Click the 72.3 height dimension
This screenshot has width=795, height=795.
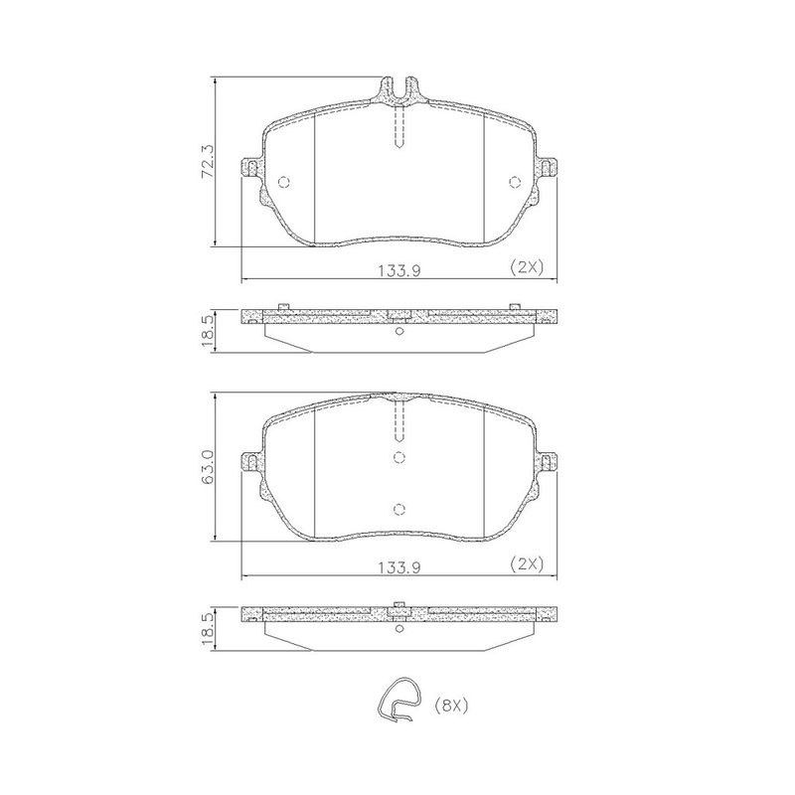click(x=209, y=162)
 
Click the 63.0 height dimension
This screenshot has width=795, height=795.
click(x=209, y=466)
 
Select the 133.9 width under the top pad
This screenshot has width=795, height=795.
click(x=399, y=271)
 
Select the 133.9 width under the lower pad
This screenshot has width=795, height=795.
click(x=399, y=567)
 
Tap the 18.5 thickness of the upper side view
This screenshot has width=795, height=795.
click(x=209, y=330)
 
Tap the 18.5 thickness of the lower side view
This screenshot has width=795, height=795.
click(x=209, y=628)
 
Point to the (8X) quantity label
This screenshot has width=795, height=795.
click(x=451, y=706)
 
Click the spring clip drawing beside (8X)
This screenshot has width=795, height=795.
click(x=399, y=700)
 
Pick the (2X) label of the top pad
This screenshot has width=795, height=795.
click(x=527, y=267)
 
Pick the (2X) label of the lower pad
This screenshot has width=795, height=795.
click(x=527, y=563)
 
